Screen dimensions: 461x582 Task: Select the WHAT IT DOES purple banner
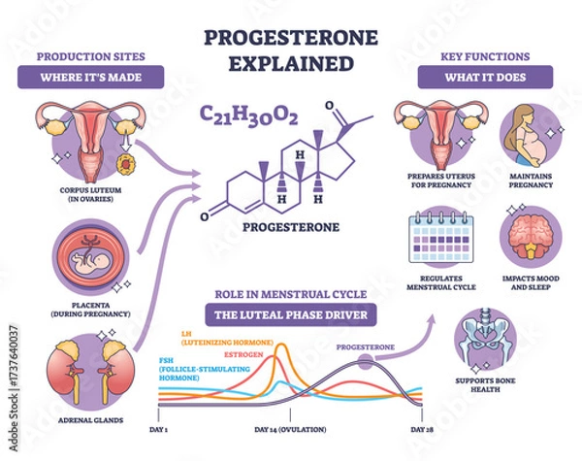point(484,76)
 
